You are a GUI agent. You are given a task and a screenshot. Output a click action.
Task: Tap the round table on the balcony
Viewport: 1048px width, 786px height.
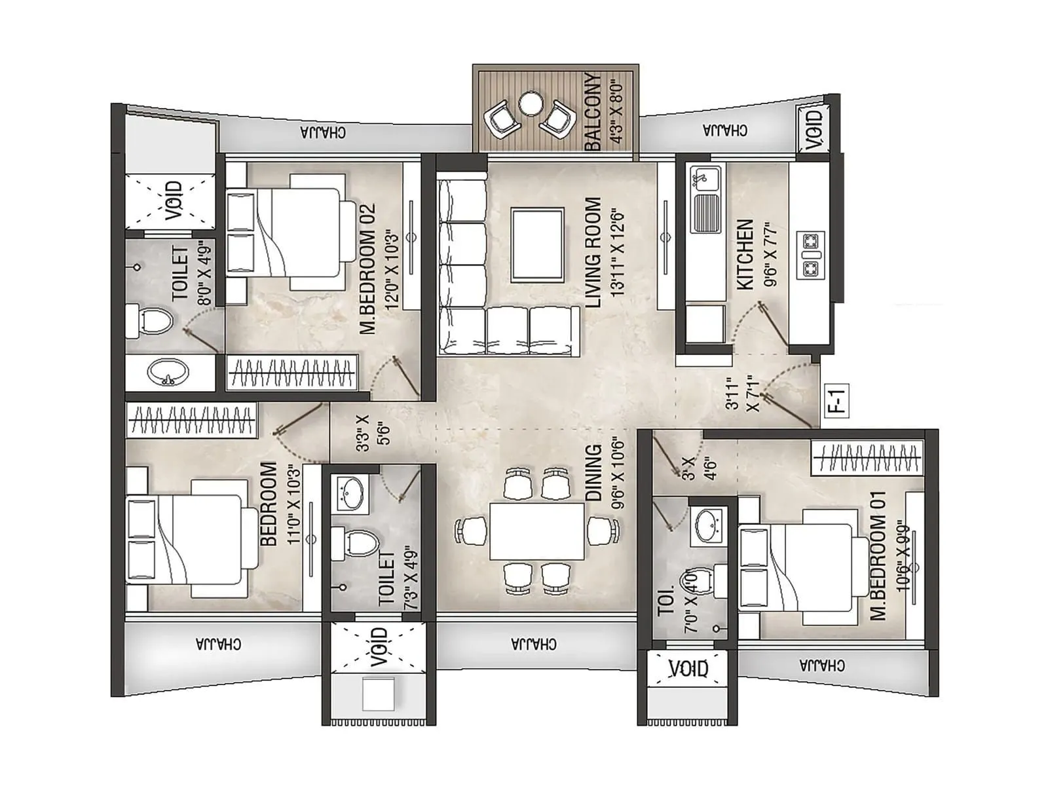[529, 103]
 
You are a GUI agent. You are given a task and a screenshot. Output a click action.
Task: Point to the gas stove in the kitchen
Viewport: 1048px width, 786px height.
[811, 255]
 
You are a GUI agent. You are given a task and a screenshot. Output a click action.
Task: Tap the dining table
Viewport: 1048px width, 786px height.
[537, 531]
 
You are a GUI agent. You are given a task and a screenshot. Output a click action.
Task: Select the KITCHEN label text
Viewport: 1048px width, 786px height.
[745, 254]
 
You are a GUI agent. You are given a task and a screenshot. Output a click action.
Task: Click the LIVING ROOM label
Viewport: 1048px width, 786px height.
[593, 252]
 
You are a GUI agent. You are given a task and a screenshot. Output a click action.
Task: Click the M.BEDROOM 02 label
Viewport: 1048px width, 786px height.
[369, 269]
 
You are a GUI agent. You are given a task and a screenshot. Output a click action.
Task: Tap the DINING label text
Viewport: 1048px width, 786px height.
[593, 472]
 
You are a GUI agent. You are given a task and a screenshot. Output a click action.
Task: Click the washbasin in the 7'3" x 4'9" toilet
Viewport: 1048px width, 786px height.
[351, 492]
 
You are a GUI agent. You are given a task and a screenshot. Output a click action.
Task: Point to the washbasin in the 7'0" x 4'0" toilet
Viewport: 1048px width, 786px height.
[707, 525]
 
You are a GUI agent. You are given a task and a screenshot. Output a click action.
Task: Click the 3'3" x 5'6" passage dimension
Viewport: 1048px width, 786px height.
[373, 433]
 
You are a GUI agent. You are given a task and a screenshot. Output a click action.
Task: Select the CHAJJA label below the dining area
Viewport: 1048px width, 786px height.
[534, 644]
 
